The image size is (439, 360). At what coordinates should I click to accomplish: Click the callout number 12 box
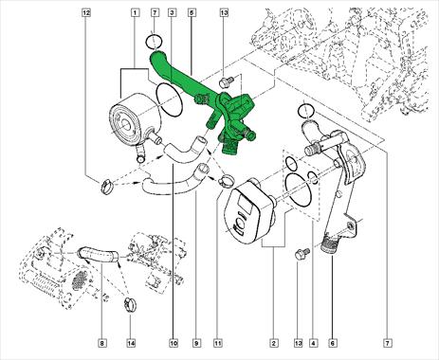tap(86, 13)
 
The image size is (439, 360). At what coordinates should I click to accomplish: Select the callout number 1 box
tap(135, 13)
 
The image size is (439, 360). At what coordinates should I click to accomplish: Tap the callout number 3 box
tap(173, 13)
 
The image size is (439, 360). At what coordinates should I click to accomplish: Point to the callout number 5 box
tap(192, 13)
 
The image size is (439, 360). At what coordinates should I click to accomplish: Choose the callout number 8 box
tap(102, 343)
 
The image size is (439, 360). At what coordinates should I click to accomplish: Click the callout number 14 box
tap(131, 343)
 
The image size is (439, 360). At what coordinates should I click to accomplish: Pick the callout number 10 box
tap(174, 343)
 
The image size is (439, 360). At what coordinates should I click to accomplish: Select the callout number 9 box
tap(196, 343)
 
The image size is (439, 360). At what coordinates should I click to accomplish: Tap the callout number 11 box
tap(218, 343)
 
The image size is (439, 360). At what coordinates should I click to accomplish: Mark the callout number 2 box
tap(274, 343)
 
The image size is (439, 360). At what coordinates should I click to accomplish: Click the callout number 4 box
tap(313, 343)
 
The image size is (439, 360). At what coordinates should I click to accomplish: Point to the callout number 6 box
tap(333, 343)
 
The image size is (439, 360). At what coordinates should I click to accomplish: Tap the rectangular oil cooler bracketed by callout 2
tap(250, 211)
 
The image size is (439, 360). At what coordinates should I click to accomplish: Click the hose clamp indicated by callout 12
tap(106, 186)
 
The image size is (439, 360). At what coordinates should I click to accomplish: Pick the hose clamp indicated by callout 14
tap(130, 304)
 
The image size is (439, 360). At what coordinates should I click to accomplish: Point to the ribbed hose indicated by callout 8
tap(98, 254)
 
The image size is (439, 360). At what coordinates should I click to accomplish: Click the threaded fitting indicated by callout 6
tap(328, 244)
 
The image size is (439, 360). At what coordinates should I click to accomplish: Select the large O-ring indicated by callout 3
tap(170, 99)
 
